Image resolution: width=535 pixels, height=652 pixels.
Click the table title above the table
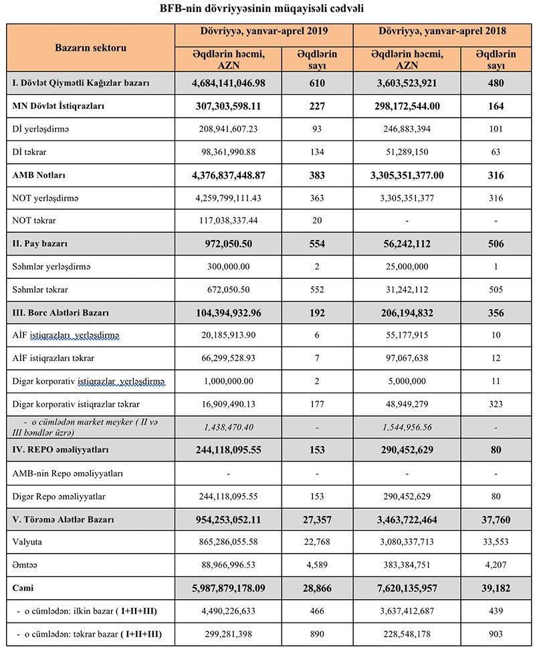click(267, 9)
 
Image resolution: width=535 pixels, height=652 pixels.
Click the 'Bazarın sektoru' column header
click(90, 48)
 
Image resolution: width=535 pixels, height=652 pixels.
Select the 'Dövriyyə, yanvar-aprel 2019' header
click(264, 31)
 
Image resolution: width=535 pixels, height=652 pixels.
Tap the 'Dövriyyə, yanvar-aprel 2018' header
click(442, 31)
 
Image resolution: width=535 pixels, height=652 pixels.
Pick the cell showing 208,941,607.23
click(228, 129)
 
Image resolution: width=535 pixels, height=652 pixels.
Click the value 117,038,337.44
click(228, 220)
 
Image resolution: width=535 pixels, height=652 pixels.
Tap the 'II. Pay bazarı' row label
click(40, 243)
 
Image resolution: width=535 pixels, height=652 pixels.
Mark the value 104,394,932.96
click(228, 312)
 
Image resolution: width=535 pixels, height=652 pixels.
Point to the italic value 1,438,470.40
click(228, 427)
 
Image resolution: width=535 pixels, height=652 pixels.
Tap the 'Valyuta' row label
click(27, 542)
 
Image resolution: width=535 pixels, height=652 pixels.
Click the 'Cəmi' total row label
click(24, 588)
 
